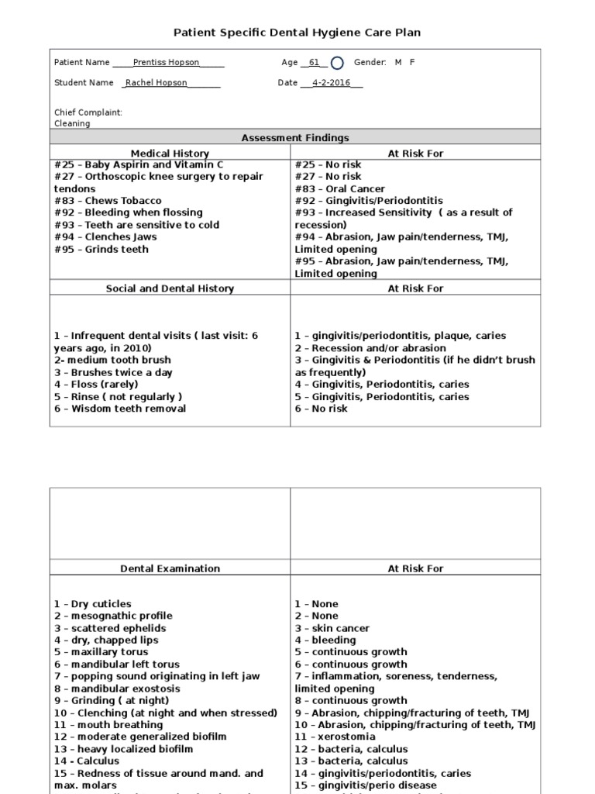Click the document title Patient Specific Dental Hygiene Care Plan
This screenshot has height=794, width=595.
(x=297, y=32)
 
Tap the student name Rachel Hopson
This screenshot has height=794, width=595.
(x=161, y=83)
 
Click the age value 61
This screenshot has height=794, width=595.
(x=314, y=63)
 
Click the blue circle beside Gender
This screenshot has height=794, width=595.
(x=337, y=63)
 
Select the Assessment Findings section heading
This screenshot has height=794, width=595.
(x=295, y=138)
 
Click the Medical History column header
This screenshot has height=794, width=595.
(x=170, y=154)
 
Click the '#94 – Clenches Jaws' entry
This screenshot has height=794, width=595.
(x=105, y=236)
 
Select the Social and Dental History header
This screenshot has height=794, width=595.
(x=170, y=288)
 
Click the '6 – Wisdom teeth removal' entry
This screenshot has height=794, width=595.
(x=120, y=409)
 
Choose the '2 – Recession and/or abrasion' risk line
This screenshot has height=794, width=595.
(x=370, y=348)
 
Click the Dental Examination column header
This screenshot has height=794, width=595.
(x=170, y=568)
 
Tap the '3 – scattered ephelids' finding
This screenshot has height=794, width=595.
(x=110, y=628)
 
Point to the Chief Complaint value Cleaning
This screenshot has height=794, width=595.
(x=72, y=123)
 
